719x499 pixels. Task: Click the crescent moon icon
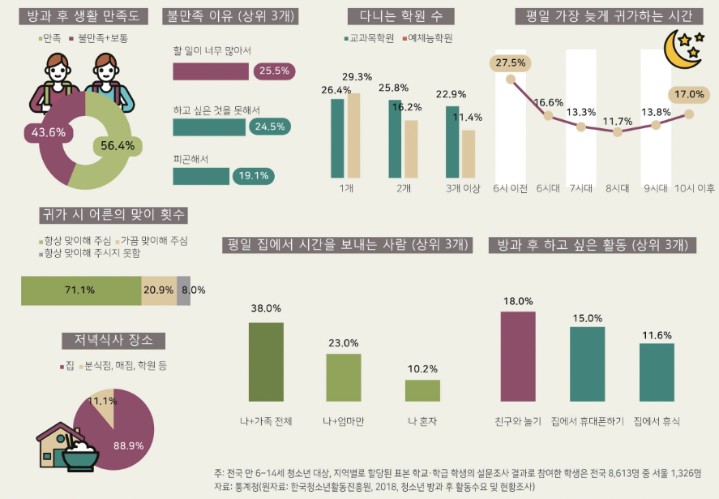click(679, 51)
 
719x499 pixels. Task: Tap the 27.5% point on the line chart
click(511, 80)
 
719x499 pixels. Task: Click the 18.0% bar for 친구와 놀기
click(518, 356)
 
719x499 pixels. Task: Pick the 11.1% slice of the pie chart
click(103, 403)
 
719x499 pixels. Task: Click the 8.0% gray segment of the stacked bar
click(184, 290)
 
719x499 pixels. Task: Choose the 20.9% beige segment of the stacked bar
click(159, 290)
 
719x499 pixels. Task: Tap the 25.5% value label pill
click(273, 71)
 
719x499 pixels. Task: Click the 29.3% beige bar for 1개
click(353, 136)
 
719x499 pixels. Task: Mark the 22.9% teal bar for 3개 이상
click(452, 141)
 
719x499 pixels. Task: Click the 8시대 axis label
click(618, 188)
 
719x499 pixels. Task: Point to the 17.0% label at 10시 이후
click(689, 94)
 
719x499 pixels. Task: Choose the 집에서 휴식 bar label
click(656, 422)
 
